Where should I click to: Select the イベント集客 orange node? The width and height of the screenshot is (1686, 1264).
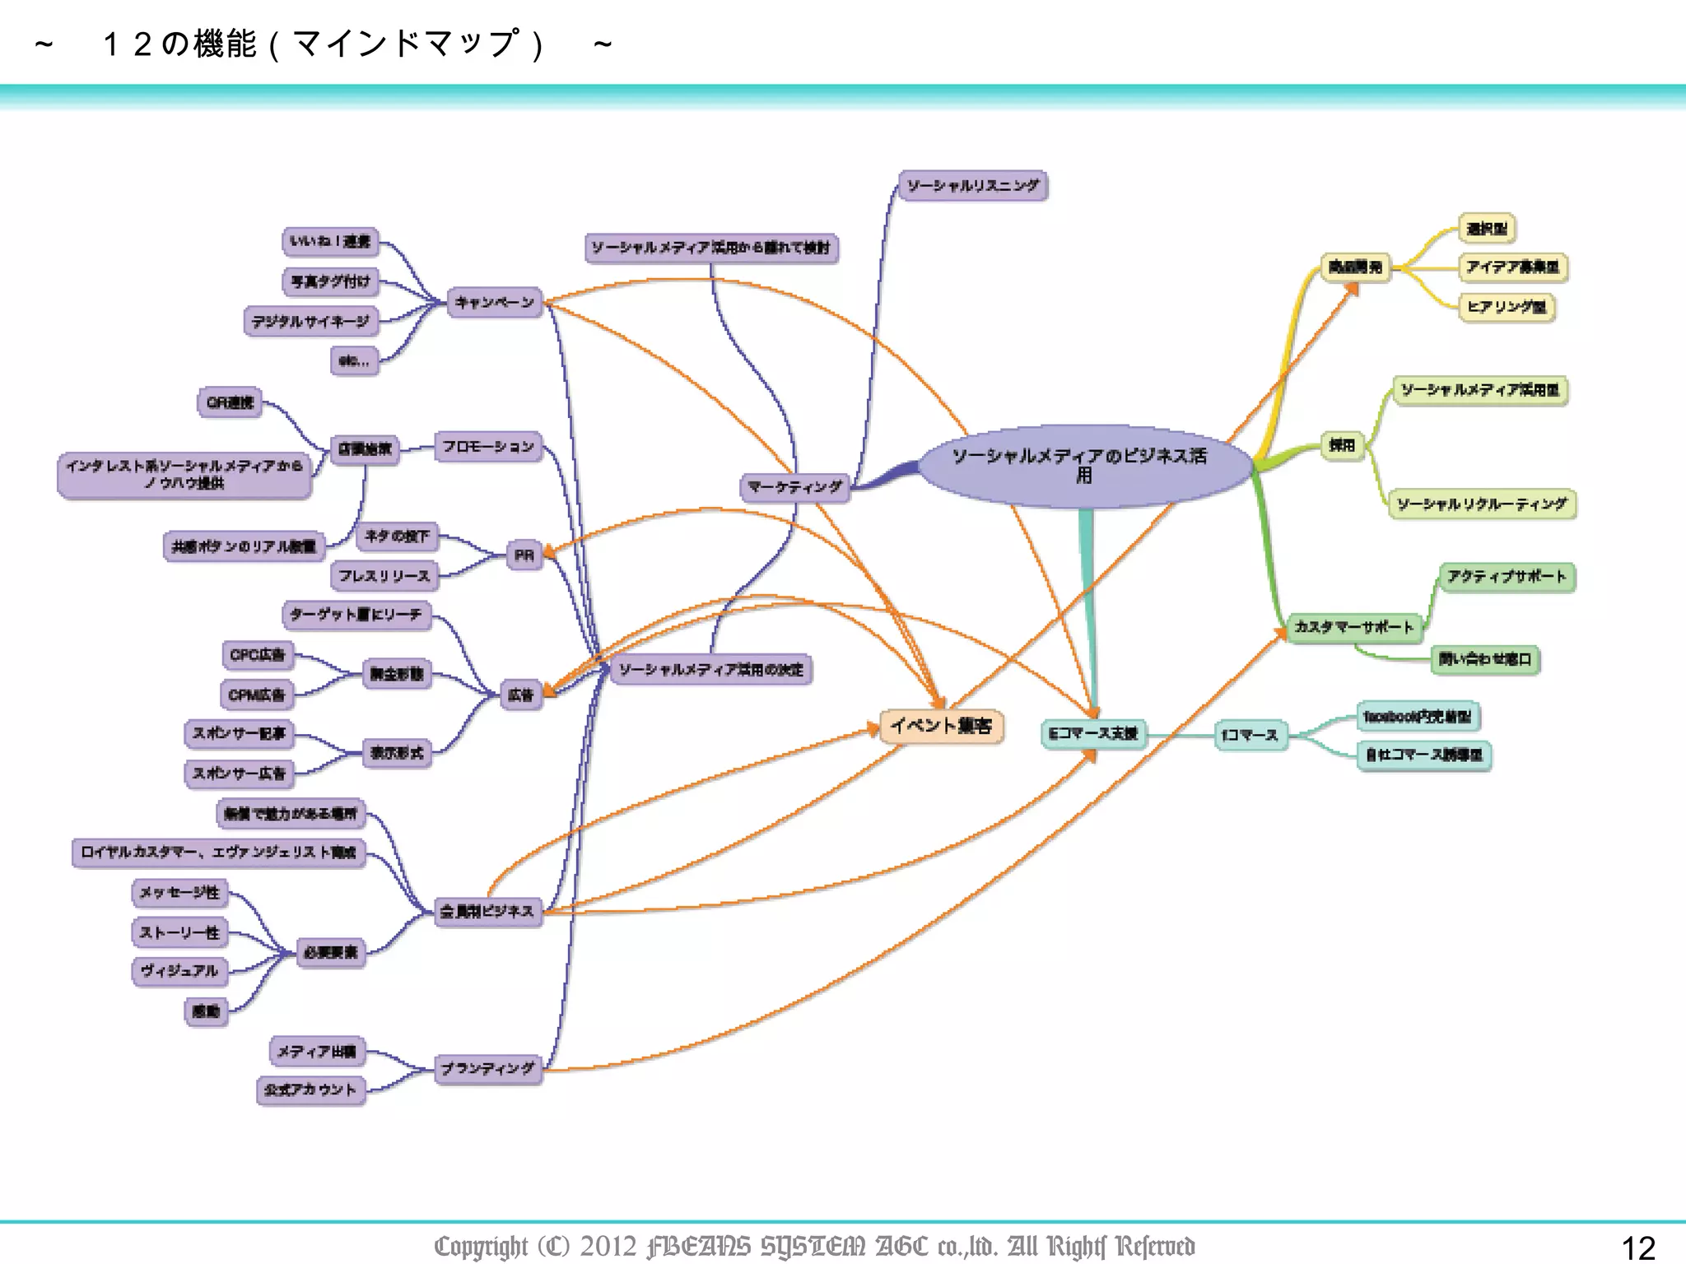click(941, 726)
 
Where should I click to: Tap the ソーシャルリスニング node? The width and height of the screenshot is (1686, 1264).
click(972, 186)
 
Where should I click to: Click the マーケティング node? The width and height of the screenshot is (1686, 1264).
click(794, 487)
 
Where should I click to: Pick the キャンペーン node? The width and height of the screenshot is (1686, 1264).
click(495, 303)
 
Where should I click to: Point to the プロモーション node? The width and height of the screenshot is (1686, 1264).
click(488, 447)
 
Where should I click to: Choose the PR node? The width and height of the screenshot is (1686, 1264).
click(524, 555)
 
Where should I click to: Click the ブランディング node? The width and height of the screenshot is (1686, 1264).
click(487, 1069)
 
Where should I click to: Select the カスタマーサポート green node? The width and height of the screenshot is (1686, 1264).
click(1353, 627)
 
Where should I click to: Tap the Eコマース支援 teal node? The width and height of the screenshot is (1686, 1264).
click(1092, 733)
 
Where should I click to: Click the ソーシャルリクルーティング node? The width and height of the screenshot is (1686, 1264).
click(1482, 504)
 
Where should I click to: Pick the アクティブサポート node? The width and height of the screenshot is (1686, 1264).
click(1506, 577)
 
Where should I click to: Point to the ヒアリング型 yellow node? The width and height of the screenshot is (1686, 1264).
click(1506, 307)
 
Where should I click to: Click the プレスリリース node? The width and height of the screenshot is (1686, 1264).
click(384, 576)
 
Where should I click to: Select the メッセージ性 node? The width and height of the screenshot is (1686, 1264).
click(179, 893)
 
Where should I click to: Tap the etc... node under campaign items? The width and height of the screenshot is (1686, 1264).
click(354, 360)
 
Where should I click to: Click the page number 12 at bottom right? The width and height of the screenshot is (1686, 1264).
click(1637, 1248)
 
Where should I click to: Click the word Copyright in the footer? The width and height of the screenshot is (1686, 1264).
click(481, 1246)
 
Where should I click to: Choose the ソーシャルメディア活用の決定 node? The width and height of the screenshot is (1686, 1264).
click(710, 670)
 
